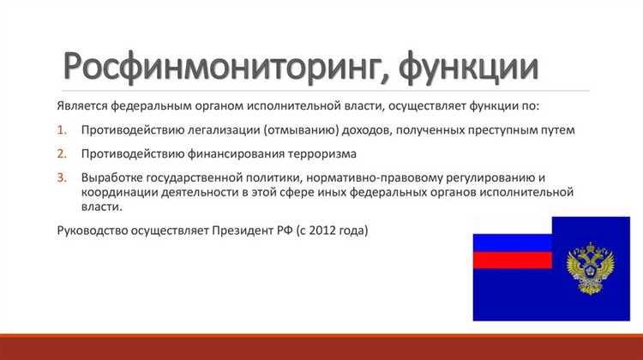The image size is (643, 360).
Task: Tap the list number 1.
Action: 61,130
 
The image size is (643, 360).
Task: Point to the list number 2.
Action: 61,154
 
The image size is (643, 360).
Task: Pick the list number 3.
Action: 61,177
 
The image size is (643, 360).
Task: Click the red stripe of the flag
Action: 512,261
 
